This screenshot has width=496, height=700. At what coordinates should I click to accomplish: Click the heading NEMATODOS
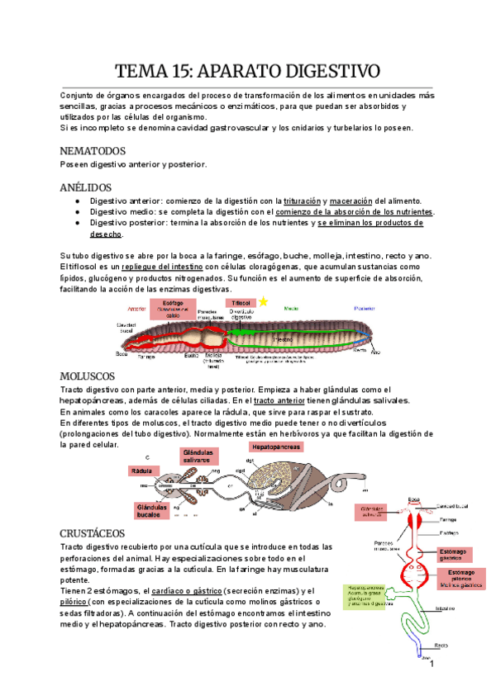coord(93,152)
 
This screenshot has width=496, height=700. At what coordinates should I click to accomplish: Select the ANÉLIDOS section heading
coord(87,187)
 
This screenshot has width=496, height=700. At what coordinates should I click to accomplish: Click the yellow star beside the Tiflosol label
coord(264,302)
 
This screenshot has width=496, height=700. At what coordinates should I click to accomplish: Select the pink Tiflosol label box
coord(241,303)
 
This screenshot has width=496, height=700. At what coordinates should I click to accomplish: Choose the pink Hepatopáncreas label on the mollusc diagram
coord(270,447)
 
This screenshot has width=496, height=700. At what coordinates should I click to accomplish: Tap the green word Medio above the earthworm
coord(290,307)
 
